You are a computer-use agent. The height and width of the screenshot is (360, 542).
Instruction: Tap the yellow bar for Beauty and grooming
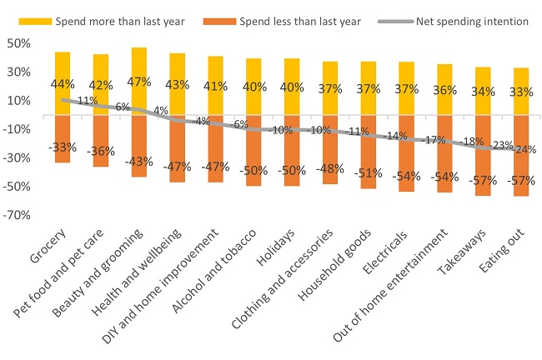pyautogui.click(x=139, y=62)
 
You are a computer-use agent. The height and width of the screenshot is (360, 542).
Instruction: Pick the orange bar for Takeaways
pyautogui.click(x=483, y=171)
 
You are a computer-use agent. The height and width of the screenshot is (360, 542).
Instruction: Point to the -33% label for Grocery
pyautogui.click(x=63, y=147)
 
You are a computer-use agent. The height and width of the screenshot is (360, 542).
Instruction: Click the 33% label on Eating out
pyautogui.click(x=521, y=92)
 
